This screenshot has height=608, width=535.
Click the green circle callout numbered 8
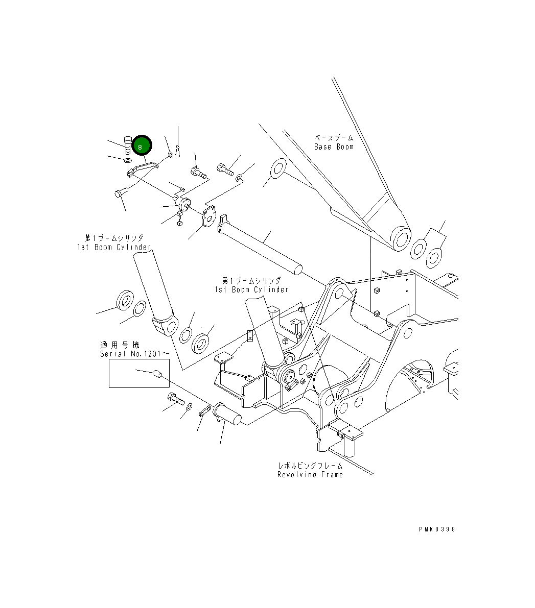click(x=142, y=145)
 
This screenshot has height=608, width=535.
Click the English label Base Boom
click(x=334, y=147)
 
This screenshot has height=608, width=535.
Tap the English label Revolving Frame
click(x=310, y=474)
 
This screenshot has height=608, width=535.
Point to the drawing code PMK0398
click(x=436, y=529)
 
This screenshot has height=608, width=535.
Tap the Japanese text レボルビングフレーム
click(x=310, y=466)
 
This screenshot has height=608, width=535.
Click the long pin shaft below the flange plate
click(x=261, y=246)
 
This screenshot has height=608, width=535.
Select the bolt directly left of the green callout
click(x=128, y=144)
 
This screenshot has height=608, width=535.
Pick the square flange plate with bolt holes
click(x=208, y=216)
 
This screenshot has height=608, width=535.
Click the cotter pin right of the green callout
click(x=177, y=150)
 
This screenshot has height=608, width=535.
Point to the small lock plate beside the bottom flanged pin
click(x=204, y=411)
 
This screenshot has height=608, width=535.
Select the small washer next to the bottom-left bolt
click(x=190, y=406)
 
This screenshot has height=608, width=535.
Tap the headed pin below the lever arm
click(x=120, y=192)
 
